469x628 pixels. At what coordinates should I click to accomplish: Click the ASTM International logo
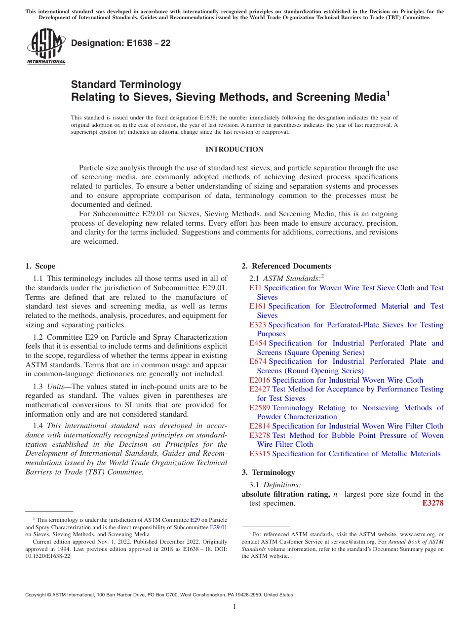click(46, 47)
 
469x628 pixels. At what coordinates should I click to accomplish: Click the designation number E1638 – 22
click(121, 43)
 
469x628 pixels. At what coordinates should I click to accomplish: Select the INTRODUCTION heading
click(234, 150)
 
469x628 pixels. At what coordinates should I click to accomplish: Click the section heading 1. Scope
click(40, 266)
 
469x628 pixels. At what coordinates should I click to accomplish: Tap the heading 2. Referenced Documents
click(286, 266)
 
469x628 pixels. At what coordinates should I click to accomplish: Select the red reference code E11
click(255, 288)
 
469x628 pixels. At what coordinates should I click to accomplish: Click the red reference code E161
click(257, 306)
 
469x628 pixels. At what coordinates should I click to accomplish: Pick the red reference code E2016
click(259, 380)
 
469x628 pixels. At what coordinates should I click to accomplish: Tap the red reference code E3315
click(259, 454)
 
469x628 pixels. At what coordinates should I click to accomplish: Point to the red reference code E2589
click(259, 408)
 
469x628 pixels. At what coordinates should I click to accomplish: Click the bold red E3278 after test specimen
click(433, 504)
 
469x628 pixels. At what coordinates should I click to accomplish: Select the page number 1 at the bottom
click(234, 607)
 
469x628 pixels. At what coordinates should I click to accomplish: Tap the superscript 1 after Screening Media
click(388, 93)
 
